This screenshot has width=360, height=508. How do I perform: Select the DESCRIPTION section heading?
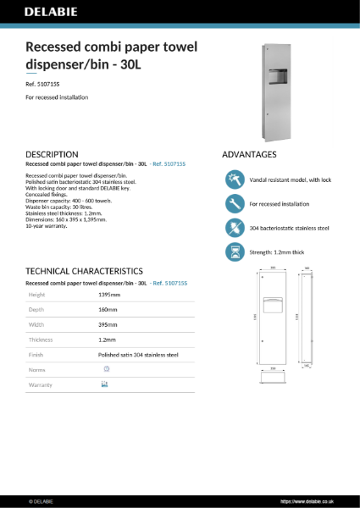pyautogui.click(x=53, y=155)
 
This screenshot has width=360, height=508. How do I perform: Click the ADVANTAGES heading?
pyautogui.click(x=249, y=155)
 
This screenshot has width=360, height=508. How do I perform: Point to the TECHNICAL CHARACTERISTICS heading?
pyautogui.click(x=84, y=270)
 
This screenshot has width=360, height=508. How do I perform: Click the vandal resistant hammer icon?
pyautogui.click(x=234, y=180)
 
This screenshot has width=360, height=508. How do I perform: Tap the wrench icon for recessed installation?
pyautogui.click(x=234, y=204)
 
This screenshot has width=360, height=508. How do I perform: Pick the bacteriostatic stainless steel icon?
pyautogui.click(x=234, y=228)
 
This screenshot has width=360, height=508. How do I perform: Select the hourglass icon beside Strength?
pyautogui.click(x=234, y=251)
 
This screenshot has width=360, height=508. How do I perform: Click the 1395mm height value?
pyautogui.click(x=109, y=295)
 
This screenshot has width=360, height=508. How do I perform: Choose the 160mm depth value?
pyautogui.click(x=108, y=310)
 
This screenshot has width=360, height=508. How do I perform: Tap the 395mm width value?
pyautogui.click(x=108, y=324)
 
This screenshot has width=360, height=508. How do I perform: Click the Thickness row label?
pyautogui.click(x=42, y=340)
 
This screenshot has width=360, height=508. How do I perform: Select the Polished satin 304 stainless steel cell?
pyautogui.click(x=138, y=355)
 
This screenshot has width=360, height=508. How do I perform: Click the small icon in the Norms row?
pyautogui.click(x=106, y=369)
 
